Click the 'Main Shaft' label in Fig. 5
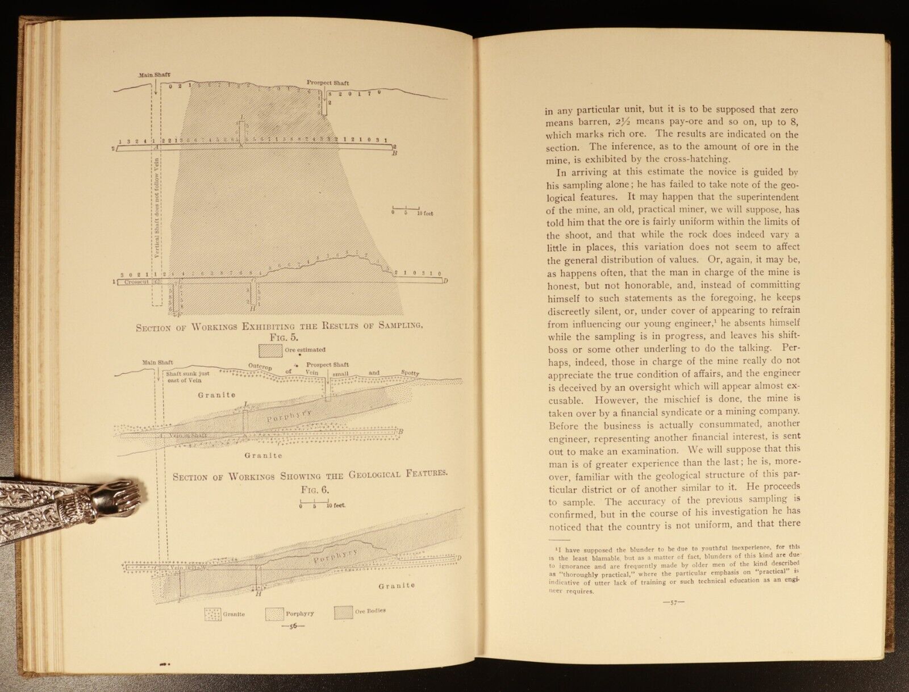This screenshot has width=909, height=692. [153, 74]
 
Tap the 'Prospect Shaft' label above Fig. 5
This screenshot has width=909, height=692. [327, 82]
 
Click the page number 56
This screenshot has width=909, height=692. [293, 627]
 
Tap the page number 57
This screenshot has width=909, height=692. [674, 603]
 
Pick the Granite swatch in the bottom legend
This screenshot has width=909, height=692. [213, 614]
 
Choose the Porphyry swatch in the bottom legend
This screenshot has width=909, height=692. [274, 614]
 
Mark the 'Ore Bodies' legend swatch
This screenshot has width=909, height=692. [343, 612]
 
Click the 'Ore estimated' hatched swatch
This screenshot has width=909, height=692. [270, 350]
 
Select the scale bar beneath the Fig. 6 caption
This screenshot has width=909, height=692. [314, 503]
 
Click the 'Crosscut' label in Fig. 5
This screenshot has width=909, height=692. [136, 282]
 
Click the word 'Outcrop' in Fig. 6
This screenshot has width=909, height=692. [260, 367]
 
